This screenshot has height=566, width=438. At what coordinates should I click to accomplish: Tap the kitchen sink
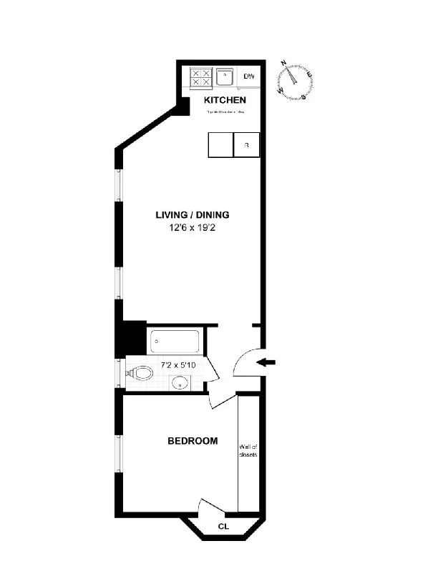[225, 76]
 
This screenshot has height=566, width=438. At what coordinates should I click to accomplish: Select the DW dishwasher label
[249, 76]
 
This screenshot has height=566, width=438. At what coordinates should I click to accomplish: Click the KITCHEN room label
[225, 100]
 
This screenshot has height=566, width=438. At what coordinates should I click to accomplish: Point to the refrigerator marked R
[246, 145]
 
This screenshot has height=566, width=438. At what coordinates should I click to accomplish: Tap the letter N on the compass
[285, 64]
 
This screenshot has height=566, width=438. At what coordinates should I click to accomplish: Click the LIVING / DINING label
[193, 214]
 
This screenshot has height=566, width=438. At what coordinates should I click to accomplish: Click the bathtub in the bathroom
[177, 342]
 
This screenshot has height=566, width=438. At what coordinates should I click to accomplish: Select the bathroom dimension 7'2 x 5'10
[177, 365]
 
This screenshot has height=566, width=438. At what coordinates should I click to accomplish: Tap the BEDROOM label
[193, 441]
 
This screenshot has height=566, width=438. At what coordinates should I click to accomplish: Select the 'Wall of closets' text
[248, 451]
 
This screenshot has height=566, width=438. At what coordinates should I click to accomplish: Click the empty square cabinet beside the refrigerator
[220, 145]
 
